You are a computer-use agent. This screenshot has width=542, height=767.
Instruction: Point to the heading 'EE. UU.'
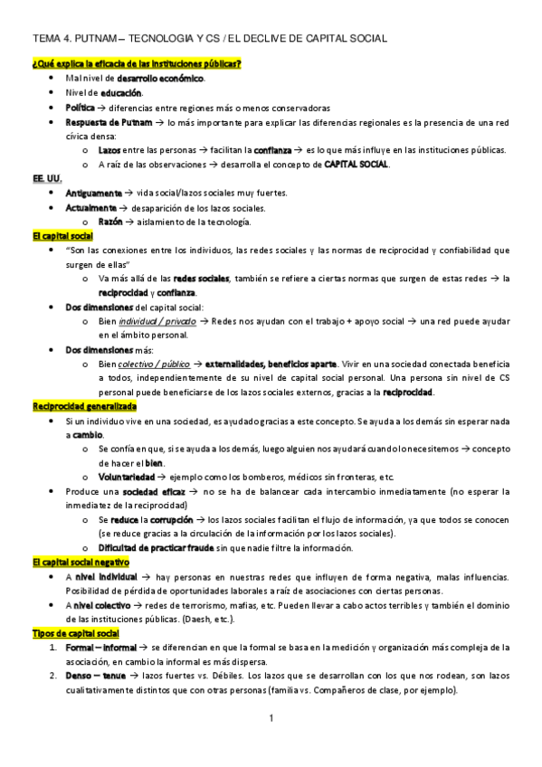[x=46, y=179]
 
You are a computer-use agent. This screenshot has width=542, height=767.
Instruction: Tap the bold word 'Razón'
[x=110, y=223]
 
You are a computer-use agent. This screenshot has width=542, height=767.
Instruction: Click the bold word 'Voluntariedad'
[x=126, y=477]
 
